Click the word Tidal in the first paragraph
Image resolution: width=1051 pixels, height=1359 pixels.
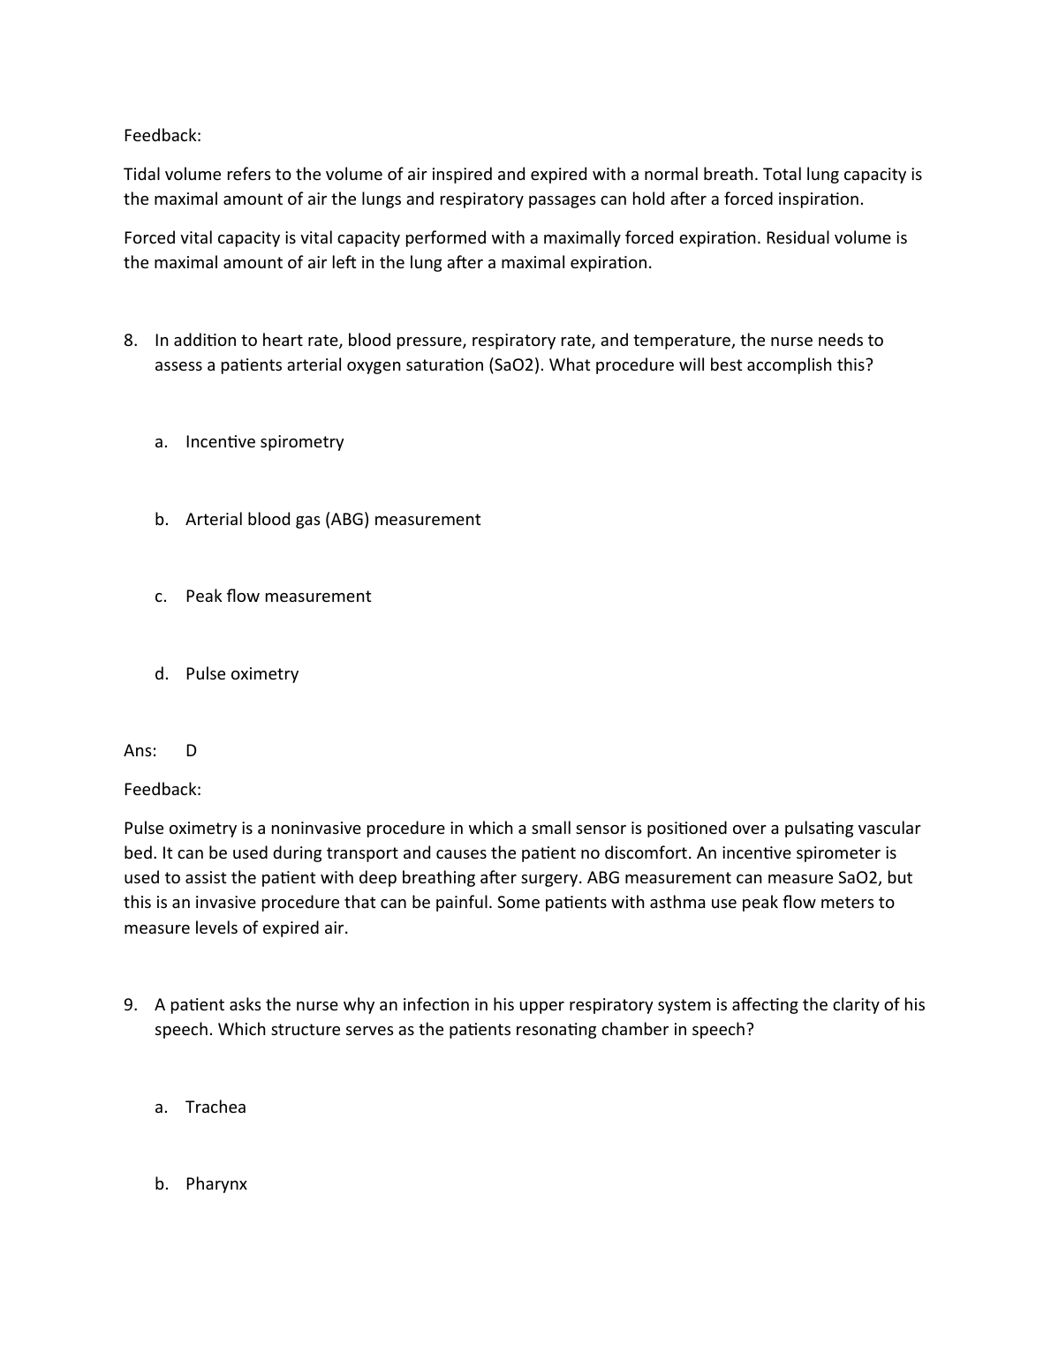(141, 174)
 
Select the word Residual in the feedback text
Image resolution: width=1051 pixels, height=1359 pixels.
(798, 237)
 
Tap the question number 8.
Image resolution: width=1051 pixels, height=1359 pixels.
(130, 341)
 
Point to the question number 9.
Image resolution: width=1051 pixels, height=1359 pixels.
(130, 1005)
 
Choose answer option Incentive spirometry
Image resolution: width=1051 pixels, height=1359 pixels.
(264, 442)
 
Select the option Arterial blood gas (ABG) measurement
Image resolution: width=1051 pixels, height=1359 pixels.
(332, 520)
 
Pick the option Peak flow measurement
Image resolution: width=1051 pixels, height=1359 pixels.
(277, 597)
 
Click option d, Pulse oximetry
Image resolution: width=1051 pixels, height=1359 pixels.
(241, 674)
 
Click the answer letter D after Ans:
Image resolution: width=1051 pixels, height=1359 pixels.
(192, 751)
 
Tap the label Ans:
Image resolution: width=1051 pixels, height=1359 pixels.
(140, 751)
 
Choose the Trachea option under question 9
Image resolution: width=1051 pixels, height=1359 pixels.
(215, 1107)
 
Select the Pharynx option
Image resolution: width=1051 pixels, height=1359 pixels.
(215, 1184)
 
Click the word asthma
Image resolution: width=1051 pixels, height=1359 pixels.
(677, 903)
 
